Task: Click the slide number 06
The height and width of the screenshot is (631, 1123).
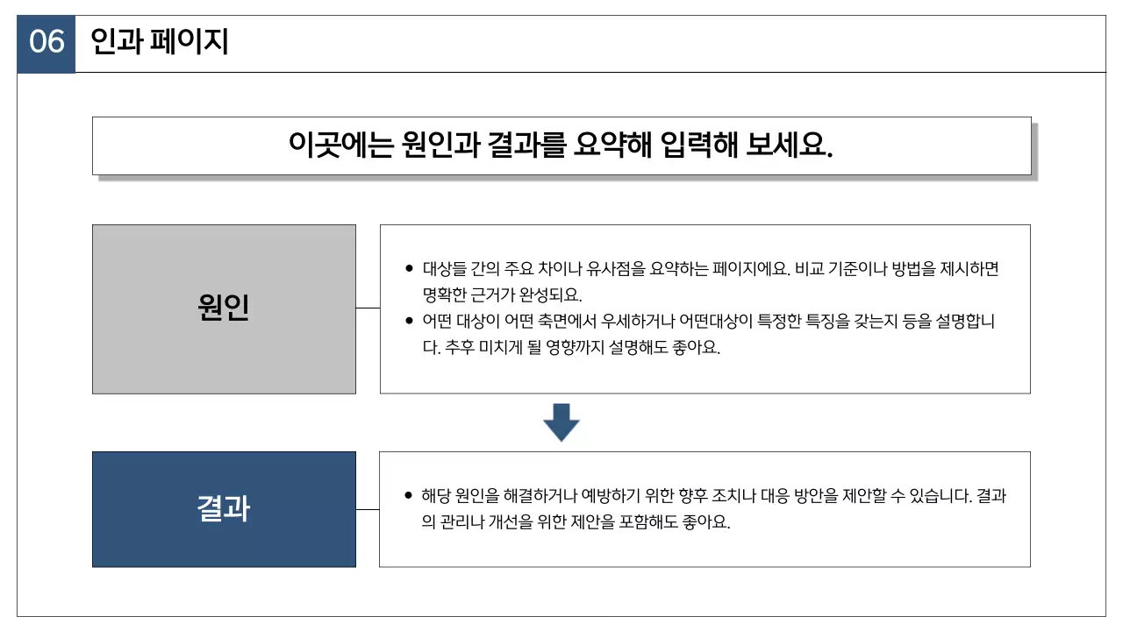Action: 46,42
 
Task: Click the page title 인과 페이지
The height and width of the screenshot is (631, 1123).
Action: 160,41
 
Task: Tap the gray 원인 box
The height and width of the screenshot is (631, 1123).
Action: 224,308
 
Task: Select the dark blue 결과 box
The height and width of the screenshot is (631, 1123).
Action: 224,509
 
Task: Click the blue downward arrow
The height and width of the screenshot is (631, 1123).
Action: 561,422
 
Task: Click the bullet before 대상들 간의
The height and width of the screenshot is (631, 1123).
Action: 409,269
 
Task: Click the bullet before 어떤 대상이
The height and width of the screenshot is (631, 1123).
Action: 409,321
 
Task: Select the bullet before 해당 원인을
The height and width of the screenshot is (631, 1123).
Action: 409,496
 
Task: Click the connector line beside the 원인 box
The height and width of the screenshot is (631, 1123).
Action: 368,308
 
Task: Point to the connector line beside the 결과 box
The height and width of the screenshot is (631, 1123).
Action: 368,509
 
